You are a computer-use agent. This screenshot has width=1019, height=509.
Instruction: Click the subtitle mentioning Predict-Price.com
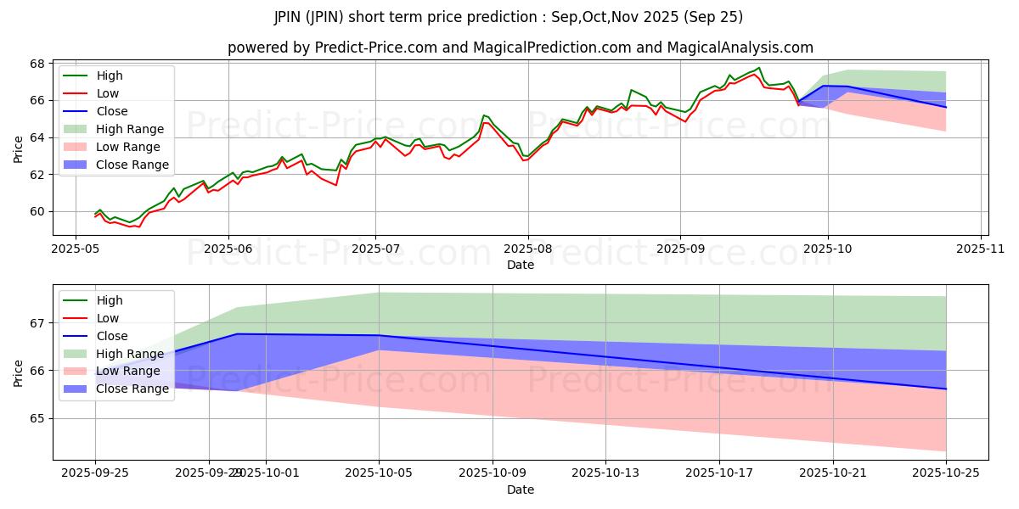point(520,48)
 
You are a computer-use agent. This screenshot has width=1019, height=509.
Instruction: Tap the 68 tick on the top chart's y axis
point(37,64)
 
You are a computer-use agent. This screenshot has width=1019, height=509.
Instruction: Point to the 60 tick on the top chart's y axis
point(37,211)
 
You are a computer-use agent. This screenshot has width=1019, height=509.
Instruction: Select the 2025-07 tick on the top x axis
point(376,249)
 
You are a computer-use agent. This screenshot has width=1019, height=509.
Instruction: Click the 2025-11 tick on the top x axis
point(981,249)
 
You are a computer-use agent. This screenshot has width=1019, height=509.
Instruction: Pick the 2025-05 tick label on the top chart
point(76,249)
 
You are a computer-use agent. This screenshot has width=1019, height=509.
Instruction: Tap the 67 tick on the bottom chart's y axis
point(37,323)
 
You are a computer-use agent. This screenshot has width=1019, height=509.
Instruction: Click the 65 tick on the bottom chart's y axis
point(37,418)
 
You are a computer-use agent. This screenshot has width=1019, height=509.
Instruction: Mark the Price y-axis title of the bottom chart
point(19,372)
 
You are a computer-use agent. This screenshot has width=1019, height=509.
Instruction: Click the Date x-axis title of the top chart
point(520,265)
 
